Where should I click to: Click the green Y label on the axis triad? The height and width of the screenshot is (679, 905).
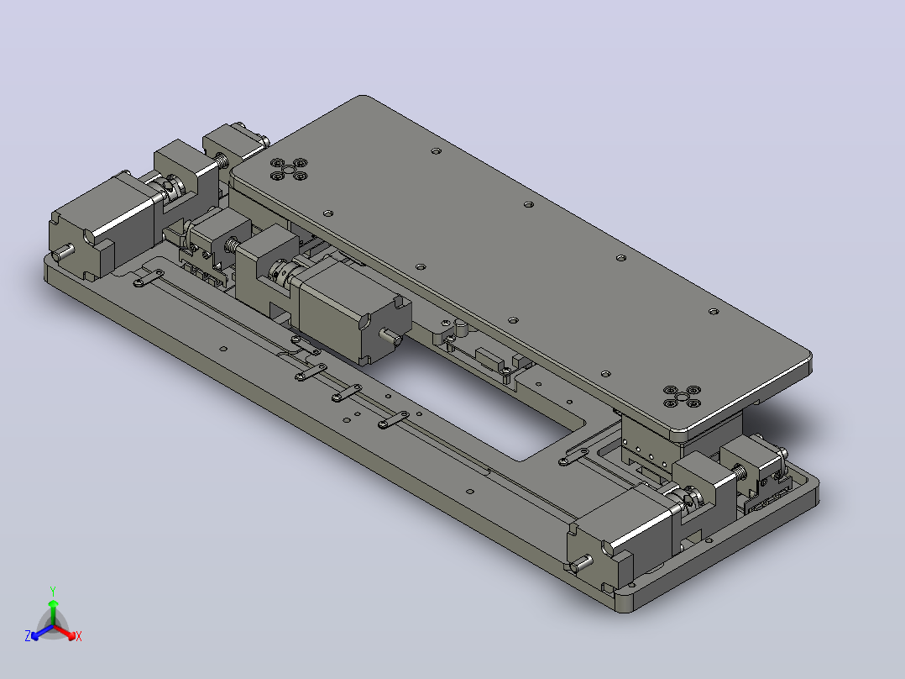tap(53, 591)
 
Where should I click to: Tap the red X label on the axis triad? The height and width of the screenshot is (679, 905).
tap(79, 636)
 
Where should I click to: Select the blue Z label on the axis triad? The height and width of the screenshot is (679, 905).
tap(28, 635)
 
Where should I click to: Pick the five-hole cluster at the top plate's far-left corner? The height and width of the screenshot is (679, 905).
tap(289, 169)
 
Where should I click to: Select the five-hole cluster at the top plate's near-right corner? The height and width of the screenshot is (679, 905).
tap(682, 397)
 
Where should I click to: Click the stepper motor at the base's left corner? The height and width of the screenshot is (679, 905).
tap(101, 225)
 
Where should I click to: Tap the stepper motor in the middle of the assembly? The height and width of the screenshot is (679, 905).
tap(352, 309)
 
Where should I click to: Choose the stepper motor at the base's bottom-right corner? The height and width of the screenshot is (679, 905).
tap(620, 534)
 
